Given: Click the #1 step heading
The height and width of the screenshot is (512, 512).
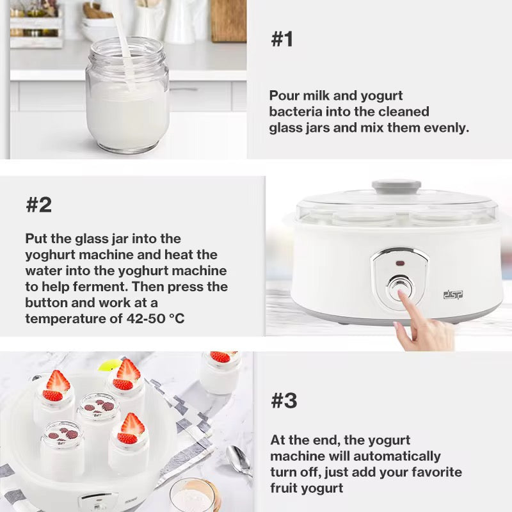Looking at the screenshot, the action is (282, 39).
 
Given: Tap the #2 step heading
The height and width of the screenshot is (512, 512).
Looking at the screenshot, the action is (39, 205).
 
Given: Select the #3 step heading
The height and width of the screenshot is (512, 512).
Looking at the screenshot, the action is (284, 401).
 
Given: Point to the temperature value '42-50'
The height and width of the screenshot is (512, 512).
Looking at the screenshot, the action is (146, 318).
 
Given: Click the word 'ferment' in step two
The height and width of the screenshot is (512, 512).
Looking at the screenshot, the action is (100, 287).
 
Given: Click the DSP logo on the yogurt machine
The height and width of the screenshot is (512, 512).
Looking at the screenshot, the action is (453, 294).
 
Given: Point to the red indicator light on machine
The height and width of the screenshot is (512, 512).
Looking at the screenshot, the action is (400, 263).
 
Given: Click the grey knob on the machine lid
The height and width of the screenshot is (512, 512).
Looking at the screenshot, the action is (396, 187).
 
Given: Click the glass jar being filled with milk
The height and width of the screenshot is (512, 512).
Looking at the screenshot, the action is (127, 95).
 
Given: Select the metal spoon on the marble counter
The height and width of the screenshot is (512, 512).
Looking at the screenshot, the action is (239, 459).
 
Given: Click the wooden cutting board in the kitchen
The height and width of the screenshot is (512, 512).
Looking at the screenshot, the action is (228, 21).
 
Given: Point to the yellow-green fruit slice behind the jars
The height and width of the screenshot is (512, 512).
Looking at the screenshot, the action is (109, 365).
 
